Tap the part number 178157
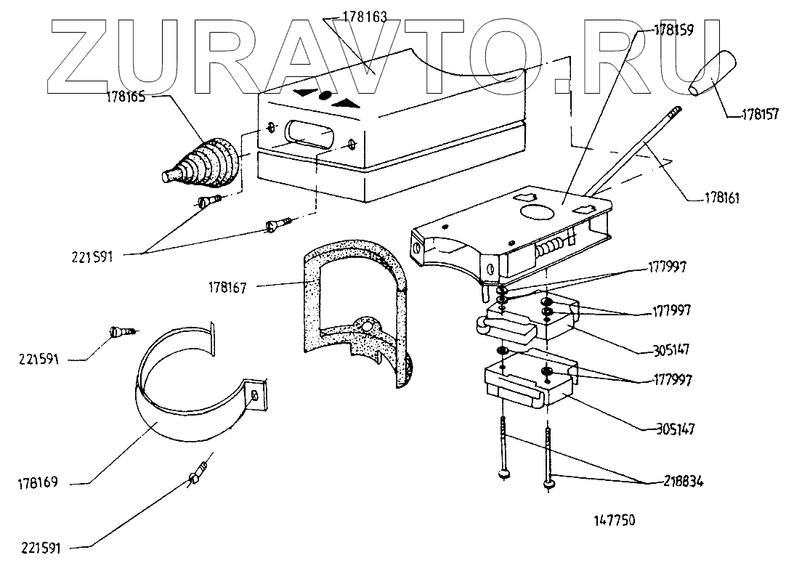point(760,114)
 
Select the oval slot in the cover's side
point(309,134)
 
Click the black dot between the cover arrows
point(325,94)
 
